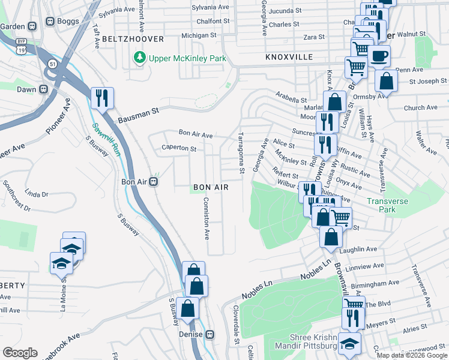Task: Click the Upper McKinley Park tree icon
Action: (139, 58)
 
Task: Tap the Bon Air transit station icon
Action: (153, 182)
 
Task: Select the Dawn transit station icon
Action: (43, 89)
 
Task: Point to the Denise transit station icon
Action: (210, 334)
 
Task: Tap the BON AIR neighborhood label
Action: (211, 188)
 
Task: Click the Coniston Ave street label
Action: (206, 217)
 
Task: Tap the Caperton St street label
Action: (179, 148)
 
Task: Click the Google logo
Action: (20, 353)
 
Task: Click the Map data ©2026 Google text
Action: (412, 355)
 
